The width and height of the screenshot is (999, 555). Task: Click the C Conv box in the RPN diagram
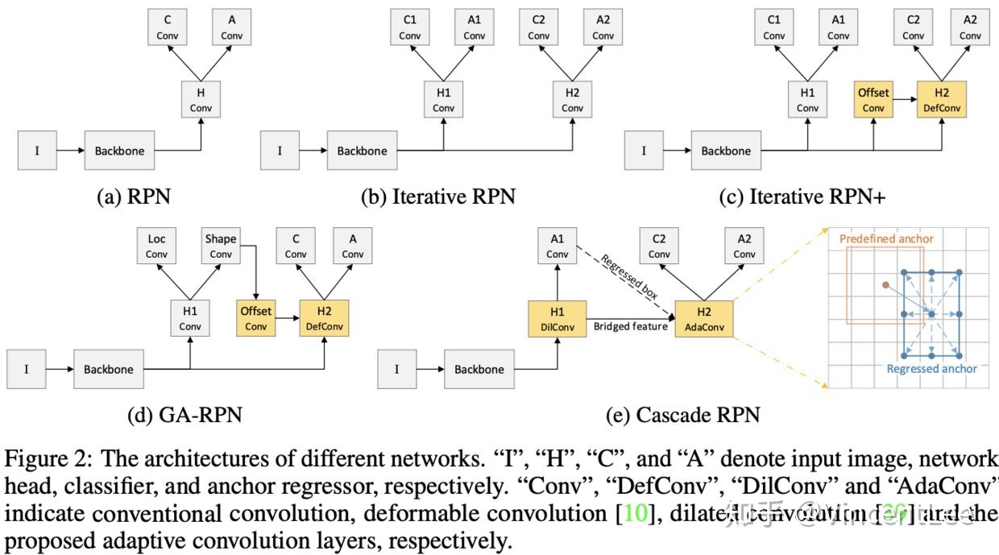point(167,27)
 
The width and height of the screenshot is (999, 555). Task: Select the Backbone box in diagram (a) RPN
point(118,151)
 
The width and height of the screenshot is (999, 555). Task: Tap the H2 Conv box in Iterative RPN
point(572,100)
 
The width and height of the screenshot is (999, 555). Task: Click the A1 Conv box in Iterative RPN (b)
point(475,27)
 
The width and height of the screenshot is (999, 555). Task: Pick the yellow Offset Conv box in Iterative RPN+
point(873,100)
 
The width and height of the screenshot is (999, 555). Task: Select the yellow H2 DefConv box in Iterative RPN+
point(942,100)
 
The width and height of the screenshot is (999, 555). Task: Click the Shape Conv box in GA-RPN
point(221,246)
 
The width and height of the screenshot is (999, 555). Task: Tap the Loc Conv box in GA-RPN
point(157,246)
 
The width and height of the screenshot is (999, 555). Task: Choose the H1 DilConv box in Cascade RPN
point(557,319)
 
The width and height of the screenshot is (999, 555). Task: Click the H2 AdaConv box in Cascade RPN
point(704,319)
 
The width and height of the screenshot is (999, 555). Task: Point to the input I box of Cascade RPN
point(397,369)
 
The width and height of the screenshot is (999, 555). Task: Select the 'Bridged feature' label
point(631,326)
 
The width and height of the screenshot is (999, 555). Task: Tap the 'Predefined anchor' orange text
point(886,239)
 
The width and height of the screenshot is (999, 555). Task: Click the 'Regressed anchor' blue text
point(931,369)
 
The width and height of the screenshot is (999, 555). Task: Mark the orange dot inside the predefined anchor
point(885,285)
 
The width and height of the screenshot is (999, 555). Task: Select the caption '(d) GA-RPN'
point(184,415)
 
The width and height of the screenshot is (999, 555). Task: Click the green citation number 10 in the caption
point(636,512)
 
